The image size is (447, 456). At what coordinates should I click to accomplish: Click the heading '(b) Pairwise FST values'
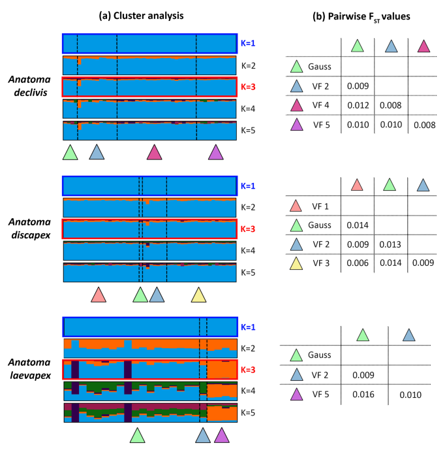(x=361, y=16)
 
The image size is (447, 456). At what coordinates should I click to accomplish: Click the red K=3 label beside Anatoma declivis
(x=249, y=87)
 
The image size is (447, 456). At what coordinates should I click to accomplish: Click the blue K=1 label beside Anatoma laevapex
(x=249, y=327)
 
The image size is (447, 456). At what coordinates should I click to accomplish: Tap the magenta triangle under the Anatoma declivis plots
(x=155, y=152)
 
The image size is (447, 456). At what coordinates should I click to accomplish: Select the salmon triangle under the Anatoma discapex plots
(x=98, y=295)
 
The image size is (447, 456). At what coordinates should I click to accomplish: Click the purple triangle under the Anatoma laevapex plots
(x=222, y=436)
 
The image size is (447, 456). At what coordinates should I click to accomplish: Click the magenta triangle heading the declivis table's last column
(x=424, y=46)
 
